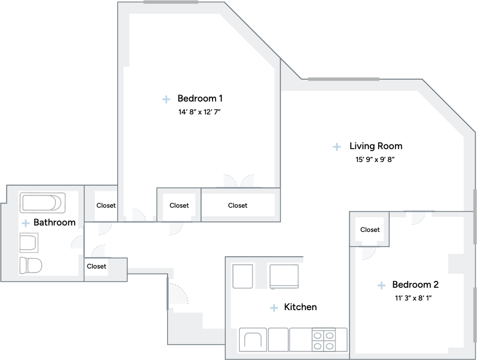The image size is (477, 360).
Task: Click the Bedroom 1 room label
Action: (x=200, y=99)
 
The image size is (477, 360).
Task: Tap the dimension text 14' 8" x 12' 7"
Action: (x=199, y=112)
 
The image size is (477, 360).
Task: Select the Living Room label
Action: (x=376, y=146)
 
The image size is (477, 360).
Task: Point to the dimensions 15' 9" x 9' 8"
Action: (x=375, y=159)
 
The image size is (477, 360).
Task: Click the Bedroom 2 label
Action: (x=415, y=285)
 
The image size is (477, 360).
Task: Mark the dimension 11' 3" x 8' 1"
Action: (x=413, y=298)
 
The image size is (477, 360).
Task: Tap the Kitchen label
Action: (x=300, y=307)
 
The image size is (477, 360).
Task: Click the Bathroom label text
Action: (x=55, y=223)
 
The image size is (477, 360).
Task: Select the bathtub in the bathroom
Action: (x=42, y=203)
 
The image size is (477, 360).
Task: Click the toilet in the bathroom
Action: (x=30, y=265)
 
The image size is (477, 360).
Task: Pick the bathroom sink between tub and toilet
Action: (x=29, y=243)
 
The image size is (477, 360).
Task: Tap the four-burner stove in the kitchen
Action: (x=324, y=340)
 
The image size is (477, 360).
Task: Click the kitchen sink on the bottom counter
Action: (x=253, y=340)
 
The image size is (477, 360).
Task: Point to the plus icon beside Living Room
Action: (x=337, y=147)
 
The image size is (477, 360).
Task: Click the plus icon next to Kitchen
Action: (x=274, y=308)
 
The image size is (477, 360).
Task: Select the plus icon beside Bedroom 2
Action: (x=381, y=285)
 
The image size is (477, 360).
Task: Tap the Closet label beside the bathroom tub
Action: (x=106, y=205)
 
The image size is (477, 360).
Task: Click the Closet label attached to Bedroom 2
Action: (x=370, y=230)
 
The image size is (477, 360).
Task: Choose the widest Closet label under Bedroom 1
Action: (x=238, y=205)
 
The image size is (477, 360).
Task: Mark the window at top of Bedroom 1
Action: (x=170, y=2)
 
